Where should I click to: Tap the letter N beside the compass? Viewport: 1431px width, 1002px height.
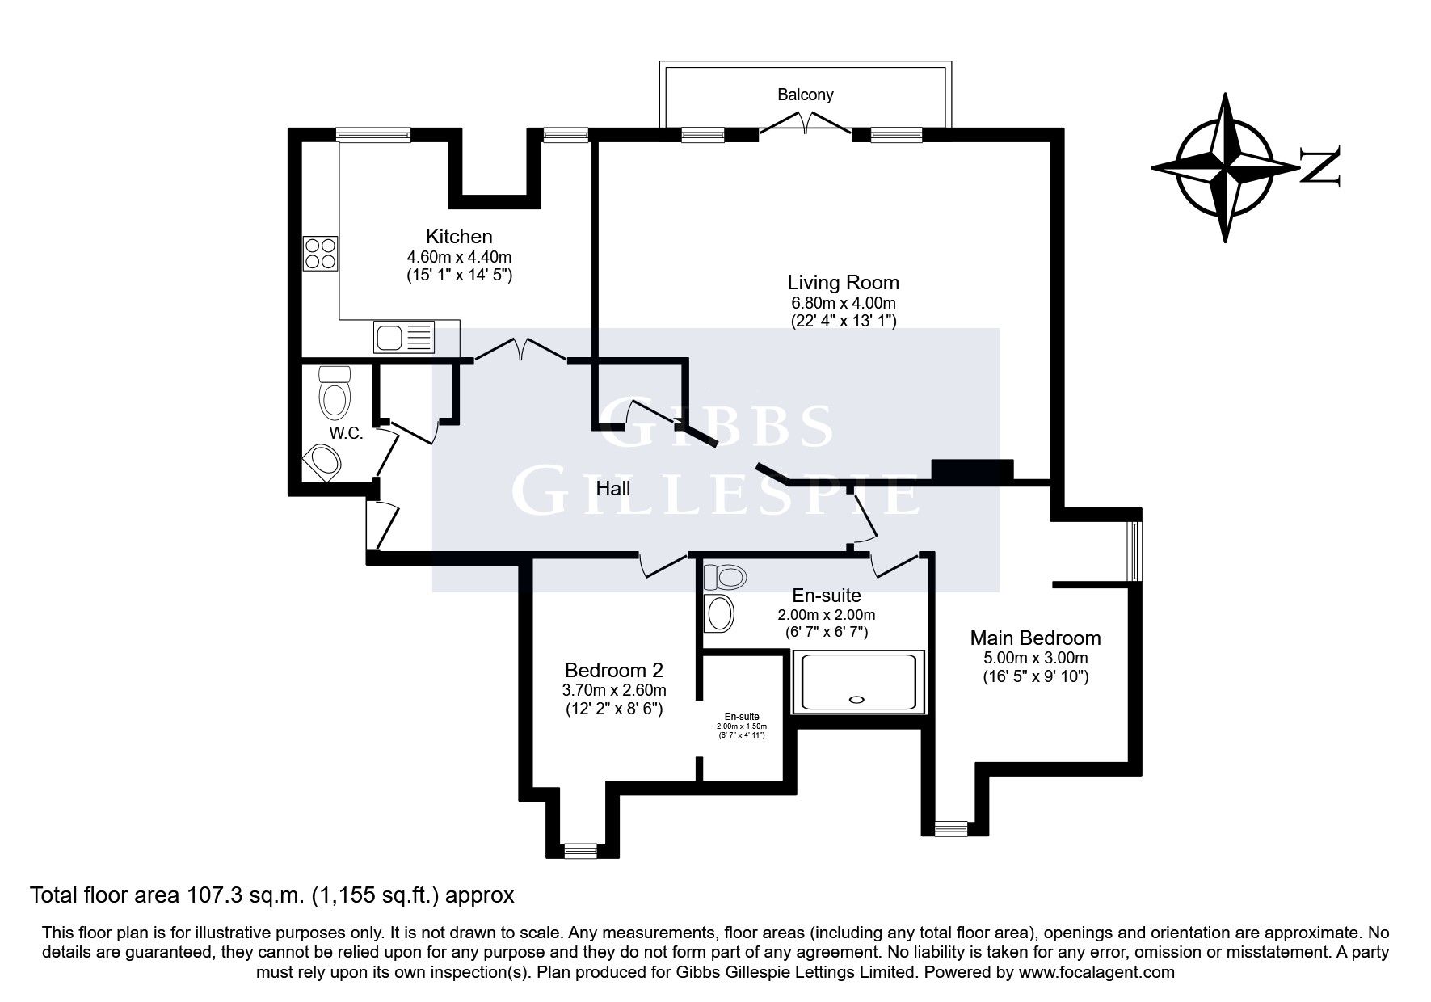(1319, 167)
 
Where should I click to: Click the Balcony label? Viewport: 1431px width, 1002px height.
(805, 95)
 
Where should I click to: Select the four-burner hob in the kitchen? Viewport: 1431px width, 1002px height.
(320, 253)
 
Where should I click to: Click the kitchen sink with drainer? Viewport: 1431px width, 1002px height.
(404, 336)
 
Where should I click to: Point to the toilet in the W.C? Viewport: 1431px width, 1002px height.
(334, 392)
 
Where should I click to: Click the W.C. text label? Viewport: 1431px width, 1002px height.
(345, 433)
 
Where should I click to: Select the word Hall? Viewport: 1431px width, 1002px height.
(612, 488)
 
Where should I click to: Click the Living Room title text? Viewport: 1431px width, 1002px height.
(843, 283)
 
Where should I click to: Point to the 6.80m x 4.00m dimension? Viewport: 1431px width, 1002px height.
(843, 303)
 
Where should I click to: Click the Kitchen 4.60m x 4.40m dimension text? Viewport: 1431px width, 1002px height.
(459, 257)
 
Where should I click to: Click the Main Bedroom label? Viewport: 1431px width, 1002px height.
(1035, 638)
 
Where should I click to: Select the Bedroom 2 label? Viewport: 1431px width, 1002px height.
(613, 670)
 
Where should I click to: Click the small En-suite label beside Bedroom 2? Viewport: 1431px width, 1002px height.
(741, 717)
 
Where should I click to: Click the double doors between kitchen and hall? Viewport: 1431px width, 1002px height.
(520, 350)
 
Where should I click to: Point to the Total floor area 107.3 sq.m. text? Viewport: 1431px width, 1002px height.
(271, 895)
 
